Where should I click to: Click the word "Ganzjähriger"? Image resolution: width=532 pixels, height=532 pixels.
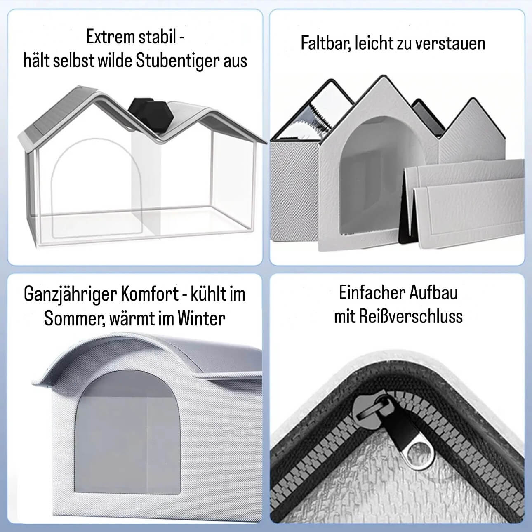[71, 294]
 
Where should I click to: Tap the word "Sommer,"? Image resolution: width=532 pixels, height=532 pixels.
[75, 319]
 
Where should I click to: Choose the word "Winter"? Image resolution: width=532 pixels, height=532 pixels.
[201, 318]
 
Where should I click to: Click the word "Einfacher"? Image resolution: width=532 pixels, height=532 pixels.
[372, 292]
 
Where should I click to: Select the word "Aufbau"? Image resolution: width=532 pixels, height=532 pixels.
[433, 292]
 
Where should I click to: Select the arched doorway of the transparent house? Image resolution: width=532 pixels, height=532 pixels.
[97, 188]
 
